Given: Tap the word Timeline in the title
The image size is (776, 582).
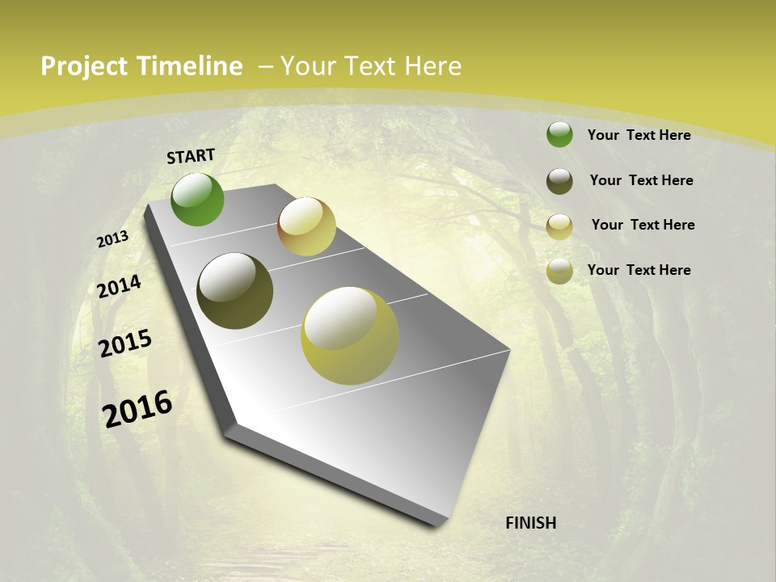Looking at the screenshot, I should pyautogui.click(x=189, y=66).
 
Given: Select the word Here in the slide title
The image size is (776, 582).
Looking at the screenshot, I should pyautogui.click(x=432, y=66).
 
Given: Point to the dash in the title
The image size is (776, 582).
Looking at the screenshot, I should pyautogui.click(x=264, y=66).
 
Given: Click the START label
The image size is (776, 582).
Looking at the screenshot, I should pyautogui.click(x=191, y=156).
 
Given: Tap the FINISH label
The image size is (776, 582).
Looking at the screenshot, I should pyautogui.click(x=530, y=523).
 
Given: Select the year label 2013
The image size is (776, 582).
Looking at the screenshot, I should pyautogui.click(x=112, y=239).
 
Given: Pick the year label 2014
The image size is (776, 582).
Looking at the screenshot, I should pyautogui.click(x=119, y=287).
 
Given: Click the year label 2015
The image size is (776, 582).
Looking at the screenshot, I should pyautogui.click(x=125, y=344).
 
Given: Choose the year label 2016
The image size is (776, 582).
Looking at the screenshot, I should pyautogui.click(x=137, y=409).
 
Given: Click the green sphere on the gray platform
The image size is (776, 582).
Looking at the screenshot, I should pyautogui.click(x=198, y=200).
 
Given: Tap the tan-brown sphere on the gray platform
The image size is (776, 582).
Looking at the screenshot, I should pyautogui.click(x=306, y=226).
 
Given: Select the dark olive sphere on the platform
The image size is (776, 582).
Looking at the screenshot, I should pyautogui.click(x=235, y=291).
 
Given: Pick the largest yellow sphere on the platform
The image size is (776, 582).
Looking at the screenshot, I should pyautogui.click(x=350, y=335).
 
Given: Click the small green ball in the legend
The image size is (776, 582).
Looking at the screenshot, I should pyautogui.click(x=559, y=134).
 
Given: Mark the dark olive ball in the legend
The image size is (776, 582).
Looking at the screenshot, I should pyautogui.click(x=559, y=181).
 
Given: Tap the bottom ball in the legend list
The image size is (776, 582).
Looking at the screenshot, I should pyautogui.click(x=559, y=272).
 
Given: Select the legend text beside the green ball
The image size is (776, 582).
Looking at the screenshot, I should pyautogui.click(x=639, y=135).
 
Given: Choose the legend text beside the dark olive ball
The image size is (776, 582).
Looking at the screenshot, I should pyautogui.click(x=641, y=180).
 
